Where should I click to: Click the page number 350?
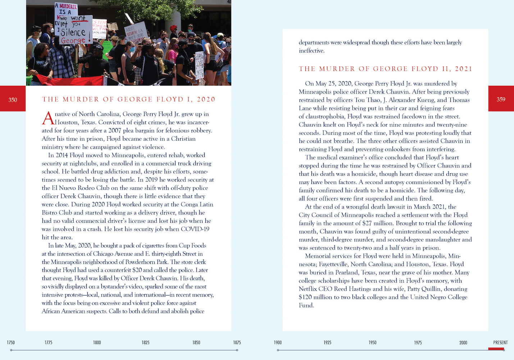coord(13,100)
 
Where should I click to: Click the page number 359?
coord(501,99)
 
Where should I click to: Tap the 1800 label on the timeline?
coord(97,342)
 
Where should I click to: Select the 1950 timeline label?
coord(372,342)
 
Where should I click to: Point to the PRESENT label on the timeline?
coord(500,342)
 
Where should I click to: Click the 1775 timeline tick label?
coord(49,342)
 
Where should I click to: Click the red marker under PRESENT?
coord(496,348)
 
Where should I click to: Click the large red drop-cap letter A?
coord(48,118)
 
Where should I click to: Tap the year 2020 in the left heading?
coord(206,99)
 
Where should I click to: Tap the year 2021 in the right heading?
coord(463,69)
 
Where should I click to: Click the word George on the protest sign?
coord(73,40)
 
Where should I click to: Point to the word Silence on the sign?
coord(73,32)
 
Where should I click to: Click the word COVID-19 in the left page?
coord(195,229)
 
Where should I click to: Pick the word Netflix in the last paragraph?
coord(308,289)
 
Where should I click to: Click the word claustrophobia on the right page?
coord(326,116)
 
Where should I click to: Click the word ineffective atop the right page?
coord(311,51)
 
